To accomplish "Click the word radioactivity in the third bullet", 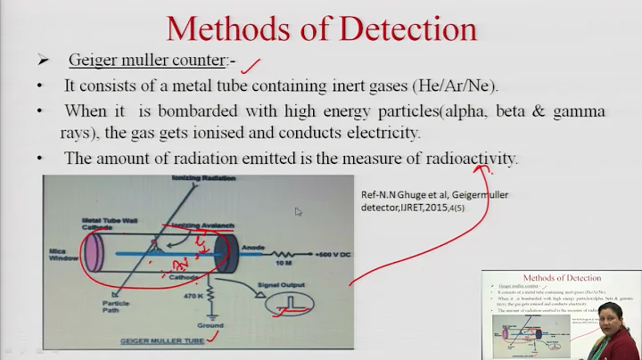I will click(x=471, y=158).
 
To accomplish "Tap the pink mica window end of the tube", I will click(x=91, y=252).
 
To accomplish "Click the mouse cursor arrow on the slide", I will click(x=299, y=212).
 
